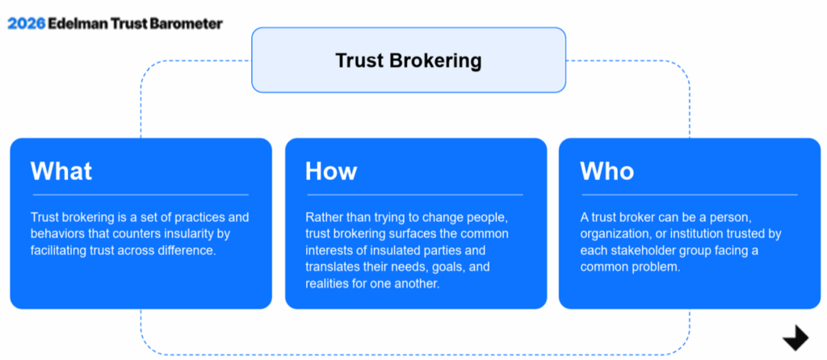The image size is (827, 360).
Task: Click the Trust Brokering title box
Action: [408, 60]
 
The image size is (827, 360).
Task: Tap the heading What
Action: [61, 171]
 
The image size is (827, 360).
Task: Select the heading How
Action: [331, 171]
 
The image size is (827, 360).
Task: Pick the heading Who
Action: [607, 171]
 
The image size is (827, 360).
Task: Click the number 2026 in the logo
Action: [26, 23]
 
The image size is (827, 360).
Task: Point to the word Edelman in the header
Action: [77, 23]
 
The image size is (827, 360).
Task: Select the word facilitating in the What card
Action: [57, 250]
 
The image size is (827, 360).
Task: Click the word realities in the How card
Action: [325, 283]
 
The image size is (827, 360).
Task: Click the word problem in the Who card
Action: [661, 266]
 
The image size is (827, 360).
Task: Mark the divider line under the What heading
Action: [141, 195]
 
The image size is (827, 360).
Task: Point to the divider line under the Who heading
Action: [690, 195]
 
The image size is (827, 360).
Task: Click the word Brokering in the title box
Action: [436, 61]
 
